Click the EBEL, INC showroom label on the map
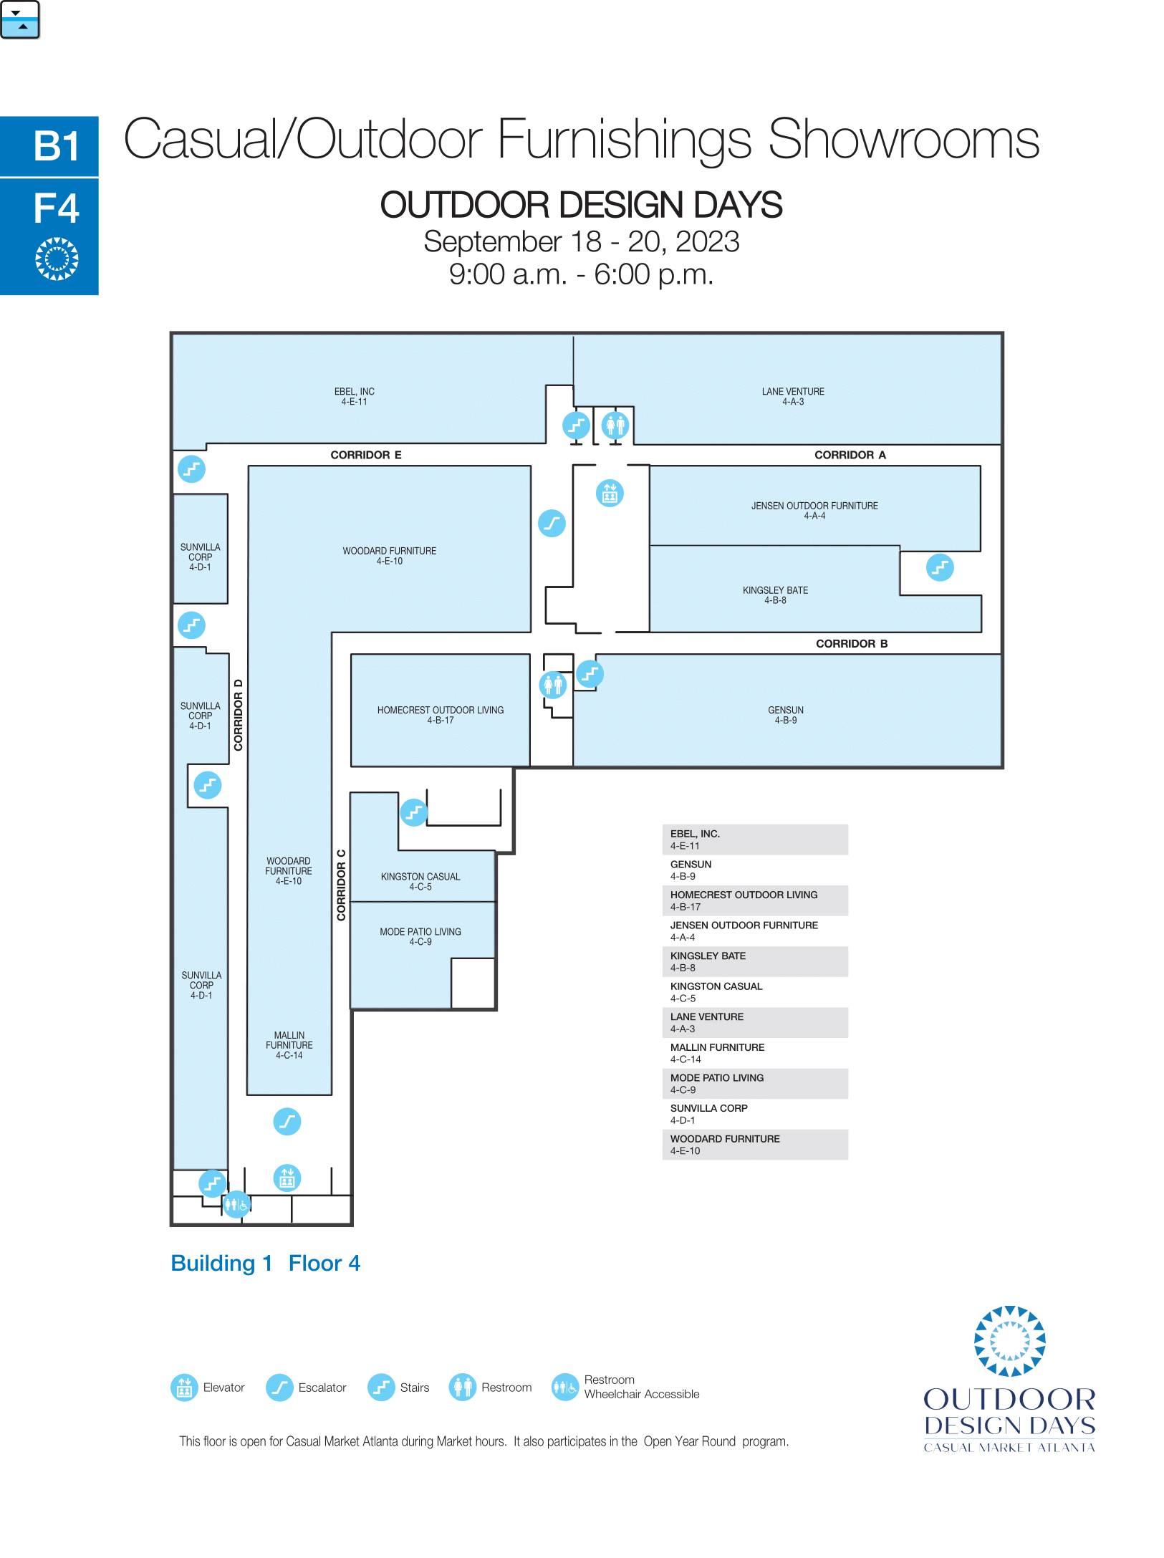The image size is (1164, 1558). pyautogui.click(x=354, y=396)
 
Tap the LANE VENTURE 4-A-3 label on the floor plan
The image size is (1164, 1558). pyautogui.click(x=793, y=396)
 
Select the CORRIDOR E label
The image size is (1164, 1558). pyautogui.click(x=366, y=455)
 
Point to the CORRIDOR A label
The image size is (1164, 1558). pyautogui.click(x=850, y=455)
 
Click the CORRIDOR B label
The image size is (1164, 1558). pyautogui.click(x=852, y=643)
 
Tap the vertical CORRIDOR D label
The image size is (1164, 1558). pyautogui.click(x=239, y=714)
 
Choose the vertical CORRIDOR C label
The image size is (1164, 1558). pyautogui.click(x=341, y=885)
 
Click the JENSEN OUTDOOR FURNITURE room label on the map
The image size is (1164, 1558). pyautogui.click(x=814, y=510)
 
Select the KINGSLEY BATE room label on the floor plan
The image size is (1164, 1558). pyautogui.click(x=775, y=595)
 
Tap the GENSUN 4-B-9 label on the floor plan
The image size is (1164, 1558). pyautogui.click(x=786, y=715)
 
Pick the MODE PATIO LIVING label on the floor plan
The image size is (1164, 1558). pyautogui.click(x=420, y=936)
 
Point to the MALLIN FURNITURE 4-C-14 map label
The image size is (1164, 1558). pyautogui.click(x=289, y=1045)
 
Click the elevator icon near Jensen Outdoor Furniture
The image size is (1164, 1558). pyautogui.click(x=610, y=493)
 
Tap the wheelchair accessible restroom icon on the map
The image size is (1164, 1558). pyautogui.click(x=236, y=1204)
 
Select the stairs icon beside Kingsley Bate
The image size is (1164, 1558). pyautogui.click(x=940, y=567)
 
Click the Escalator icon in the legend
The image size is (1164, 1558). pyautogui.click(x=279, y=1388)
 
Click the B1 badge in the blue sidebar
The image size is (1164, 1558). pyautogui.click(x=57, y=146)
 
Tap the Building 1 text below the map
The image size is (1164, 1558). pyautogui.click(x=222, y=1263)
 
